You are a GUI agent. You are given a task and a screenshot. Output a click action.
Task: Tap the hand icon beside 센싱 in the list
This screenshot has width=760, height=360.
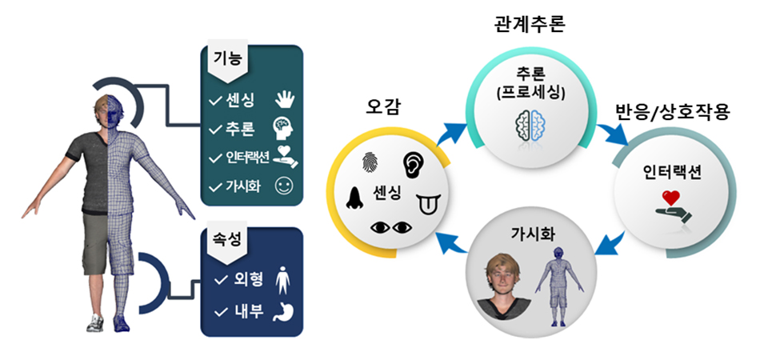(284, 100)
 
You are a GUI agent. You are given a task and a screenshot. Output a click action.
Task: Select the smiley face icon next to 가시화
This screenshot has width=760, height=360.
(284, 186)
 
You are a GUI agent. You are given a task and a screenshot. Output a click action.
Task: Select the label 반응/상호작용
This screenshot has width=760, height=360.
(672, 111)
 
